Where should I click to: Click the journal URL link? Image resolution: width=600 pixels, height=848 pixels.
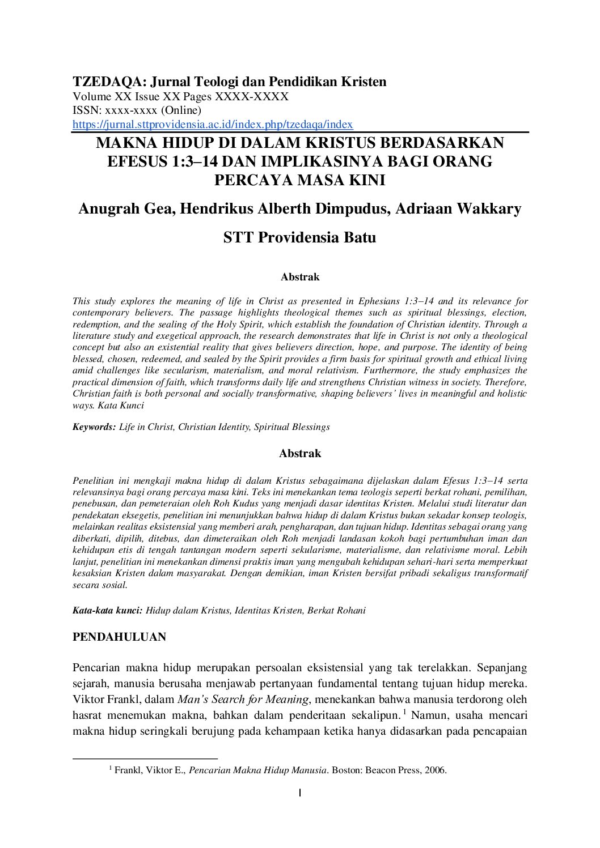point(213,125)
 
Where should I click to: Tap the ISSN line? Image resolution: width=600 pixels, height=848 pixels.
point(137,110)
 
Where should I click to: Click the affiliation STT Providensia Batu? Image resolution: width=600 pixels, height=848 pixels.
point(299,237)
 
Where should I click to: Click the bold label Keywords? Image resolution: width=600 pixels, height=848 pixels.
point(94,427)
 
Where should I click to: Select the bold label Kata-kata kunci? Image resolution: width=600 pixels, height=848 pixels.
point(107,611)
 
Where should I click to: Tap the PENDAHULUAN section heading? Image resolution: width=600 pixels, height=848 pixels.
point(119,637)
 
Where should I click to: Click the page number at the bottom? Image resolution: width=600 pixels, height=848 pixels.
point(299,793)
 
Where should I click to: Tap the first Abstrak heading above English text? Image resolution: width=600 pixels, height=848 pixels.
point(300,278)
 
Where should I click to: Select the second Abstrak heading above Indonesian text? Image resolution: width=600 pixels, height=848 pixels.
point(300,454)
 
